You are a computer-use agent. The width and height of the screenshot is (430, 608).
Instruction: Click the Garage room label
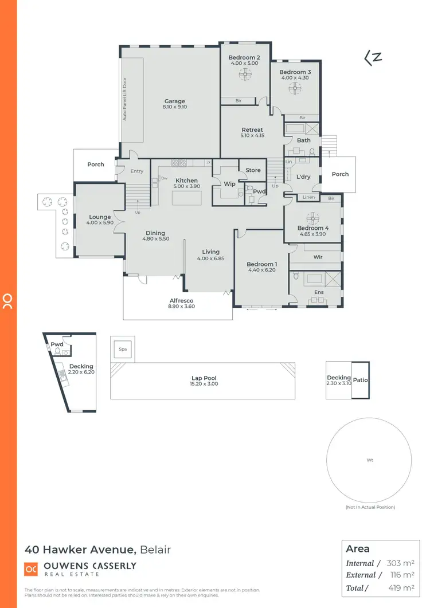174,101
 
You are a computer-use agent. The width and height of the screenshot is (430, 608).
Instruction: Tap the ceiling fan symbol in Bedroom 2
245,73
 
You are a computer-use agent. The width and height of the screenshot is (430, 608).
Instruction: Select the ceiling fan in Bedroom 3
295,88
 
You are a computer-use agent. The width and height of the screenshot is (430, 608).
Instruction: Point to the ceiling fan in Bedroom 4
312,217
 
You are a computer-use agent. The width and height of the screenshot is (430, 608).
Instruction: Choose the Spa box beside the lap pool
122,348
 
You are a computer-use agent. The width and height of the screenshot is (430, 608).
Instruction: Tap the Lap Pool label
204,378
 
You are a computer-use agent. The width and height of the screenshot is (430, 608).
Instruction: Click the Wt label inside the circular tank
369,460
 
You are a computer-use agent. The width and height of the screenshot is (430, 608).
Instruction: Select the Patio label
360,379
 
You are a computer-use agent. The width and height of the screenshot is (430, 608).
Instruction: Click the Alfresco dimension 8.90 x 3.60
181,307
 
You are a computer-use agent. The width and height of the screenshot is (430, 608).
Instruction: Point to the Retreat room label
252,130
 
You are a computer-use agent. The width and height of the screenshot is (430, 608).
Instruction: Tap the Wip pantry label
229,184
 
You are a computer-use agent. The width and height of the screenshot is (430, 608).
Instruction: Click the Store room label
253,170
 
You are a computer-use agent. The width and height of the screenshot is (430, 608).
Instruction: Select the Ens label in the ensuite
319,292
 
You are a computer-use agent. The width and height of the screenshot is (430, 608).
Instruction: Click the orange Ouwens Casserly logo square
31,569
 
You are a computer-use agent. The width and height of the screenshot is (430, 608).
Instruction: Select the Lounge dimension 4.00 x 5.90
100,223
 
